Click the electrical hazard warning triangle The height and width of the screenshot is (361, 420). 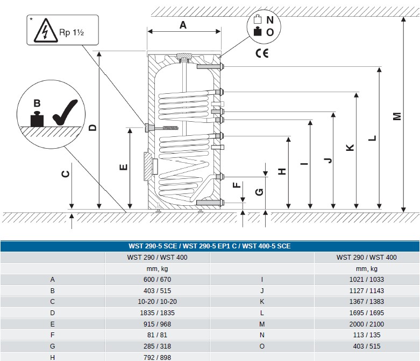(x=46, y=30)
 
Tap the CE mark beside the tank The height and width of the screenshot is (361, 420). (x=262, y=53)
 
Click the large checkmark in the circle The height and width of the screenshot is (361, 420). (x=65, y=112)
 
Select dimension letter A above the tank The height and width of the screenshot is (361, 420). (x=183, y=25)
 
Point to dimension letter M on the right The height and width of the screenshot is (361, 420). (x=397, y=116)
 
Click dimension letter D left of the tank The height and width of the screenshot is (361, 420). (x=92, y=128)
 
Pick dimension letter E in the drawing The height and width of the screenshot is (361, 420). (x=123, y=167)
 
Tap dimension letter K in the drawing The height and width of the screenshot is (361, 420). (x=350, y=148)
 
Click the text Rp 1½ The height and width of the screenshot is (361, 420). (x=72, y=32)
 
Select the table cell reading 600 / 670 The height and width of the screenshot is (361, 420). (x=157, y=280)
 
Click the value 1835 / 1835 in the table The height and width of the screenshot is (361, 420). (x=157, y=313)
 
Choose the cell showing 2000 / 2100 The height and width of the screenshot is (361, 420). (x=366, y=324)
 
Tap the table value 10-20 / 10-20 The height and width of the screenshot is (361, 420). (x=157, y=301)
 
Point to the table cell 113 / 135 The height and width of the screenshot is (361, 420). (x=366, y=335)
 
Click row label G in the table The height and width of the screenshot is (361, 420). (x=53, y=346)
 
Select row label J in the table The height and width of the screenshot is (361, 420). (x=262, y=290)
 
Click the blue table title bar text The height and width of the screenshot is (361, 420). (x=210, y=246)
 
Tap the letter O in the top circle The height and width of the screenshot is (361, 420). (x=270, y=32)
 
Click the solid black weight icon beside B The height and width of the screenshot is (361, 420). (x=37, y=119)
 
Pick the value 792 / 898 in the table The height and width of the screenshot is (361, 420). (x=157, y=358)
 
